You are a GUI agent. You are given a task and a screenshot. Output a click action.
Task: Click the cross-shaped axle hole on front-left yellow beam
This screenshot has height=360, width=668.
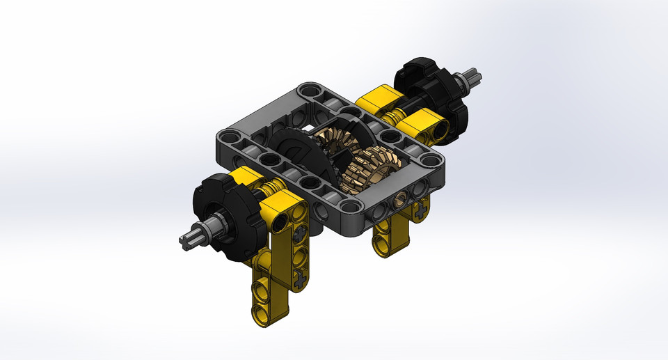coord(299,281)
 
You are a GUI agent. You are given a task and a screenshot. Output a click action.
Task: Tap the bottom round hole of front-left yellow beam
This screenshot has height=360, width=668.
coord(260,307)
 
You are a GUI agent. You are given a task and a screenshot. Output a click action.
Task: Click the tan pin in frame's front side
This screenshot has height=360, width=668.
coord(399,201)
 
